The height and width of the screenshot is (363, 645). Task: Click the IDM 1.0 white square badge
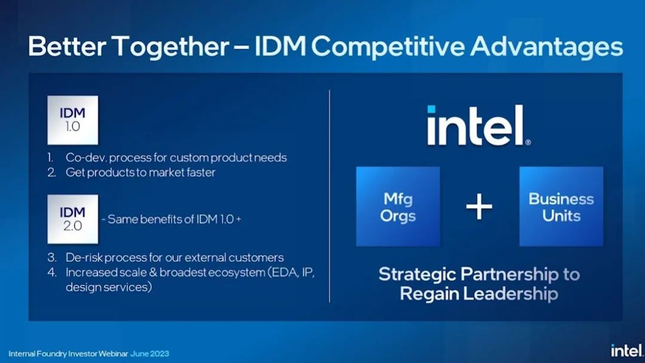click(73, 120)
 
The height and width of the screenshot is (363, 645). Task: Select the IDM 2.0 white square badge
click(73, 219)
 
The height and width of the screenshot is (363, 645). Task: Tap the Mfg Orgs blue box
click(398, 207)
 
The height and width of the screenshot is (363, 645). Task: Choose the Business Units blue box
click(561, 207)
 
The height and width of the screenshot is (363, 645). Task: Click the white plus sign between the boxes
click(479, 207)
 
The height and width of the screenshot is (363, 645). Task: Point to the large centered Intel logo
click(479, 125)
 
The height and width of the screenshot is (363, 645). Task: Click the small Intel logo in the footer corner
click(627, 350)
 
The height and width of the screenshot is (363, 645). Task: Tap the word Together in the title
click(170, 47)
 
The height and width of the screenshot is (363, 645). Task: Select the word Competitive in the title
click(389, 46)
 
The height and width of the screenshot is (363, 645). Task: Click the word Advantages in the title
click(546, 47)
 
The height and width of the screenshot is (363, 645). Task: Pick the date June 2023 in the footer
click(150, 353)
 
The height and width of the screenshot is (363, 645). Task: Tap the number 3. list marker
click(52, 257)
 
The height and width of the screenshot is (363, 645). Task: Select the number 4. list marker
click(52, 272)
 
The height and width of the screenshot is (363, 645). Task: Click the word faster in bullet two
click(201, 172)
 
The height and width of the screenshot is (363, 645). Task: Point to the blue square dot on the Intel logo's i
click(431, 109)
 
